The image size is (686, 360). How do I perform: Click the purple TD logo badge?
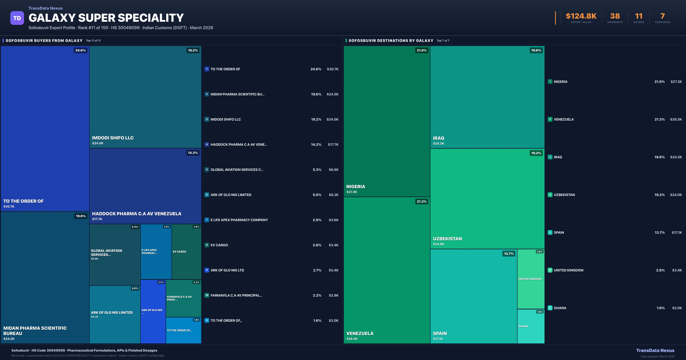(x=17, y=18)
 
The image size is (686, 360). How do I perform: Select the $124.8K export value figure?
(x=581, y=16)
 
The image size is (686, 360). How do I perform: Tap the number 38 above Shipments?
(x=615, y=16)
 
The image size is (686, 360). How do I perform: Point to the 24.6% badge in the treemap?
(x=80, y=50)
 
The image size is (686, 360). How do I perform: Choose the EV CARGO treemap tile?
(x=186, y=252)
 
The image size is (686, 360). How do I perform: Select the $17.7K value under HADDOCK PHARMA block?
(x=97, y=219)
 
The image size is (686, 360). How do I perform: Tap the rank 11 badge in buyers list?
(x=207, y=321)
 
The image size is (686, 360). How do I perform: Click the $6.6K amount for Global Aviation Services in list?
(x=333, y=170)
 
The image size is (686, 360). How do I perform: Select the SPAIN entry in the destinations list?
(x=559, y=232)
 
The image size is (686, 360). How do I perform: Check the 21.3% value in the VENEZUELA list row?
(x=659, y=119)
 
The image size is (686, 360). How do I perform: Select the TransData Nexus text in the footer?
(x=655, y=350)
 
